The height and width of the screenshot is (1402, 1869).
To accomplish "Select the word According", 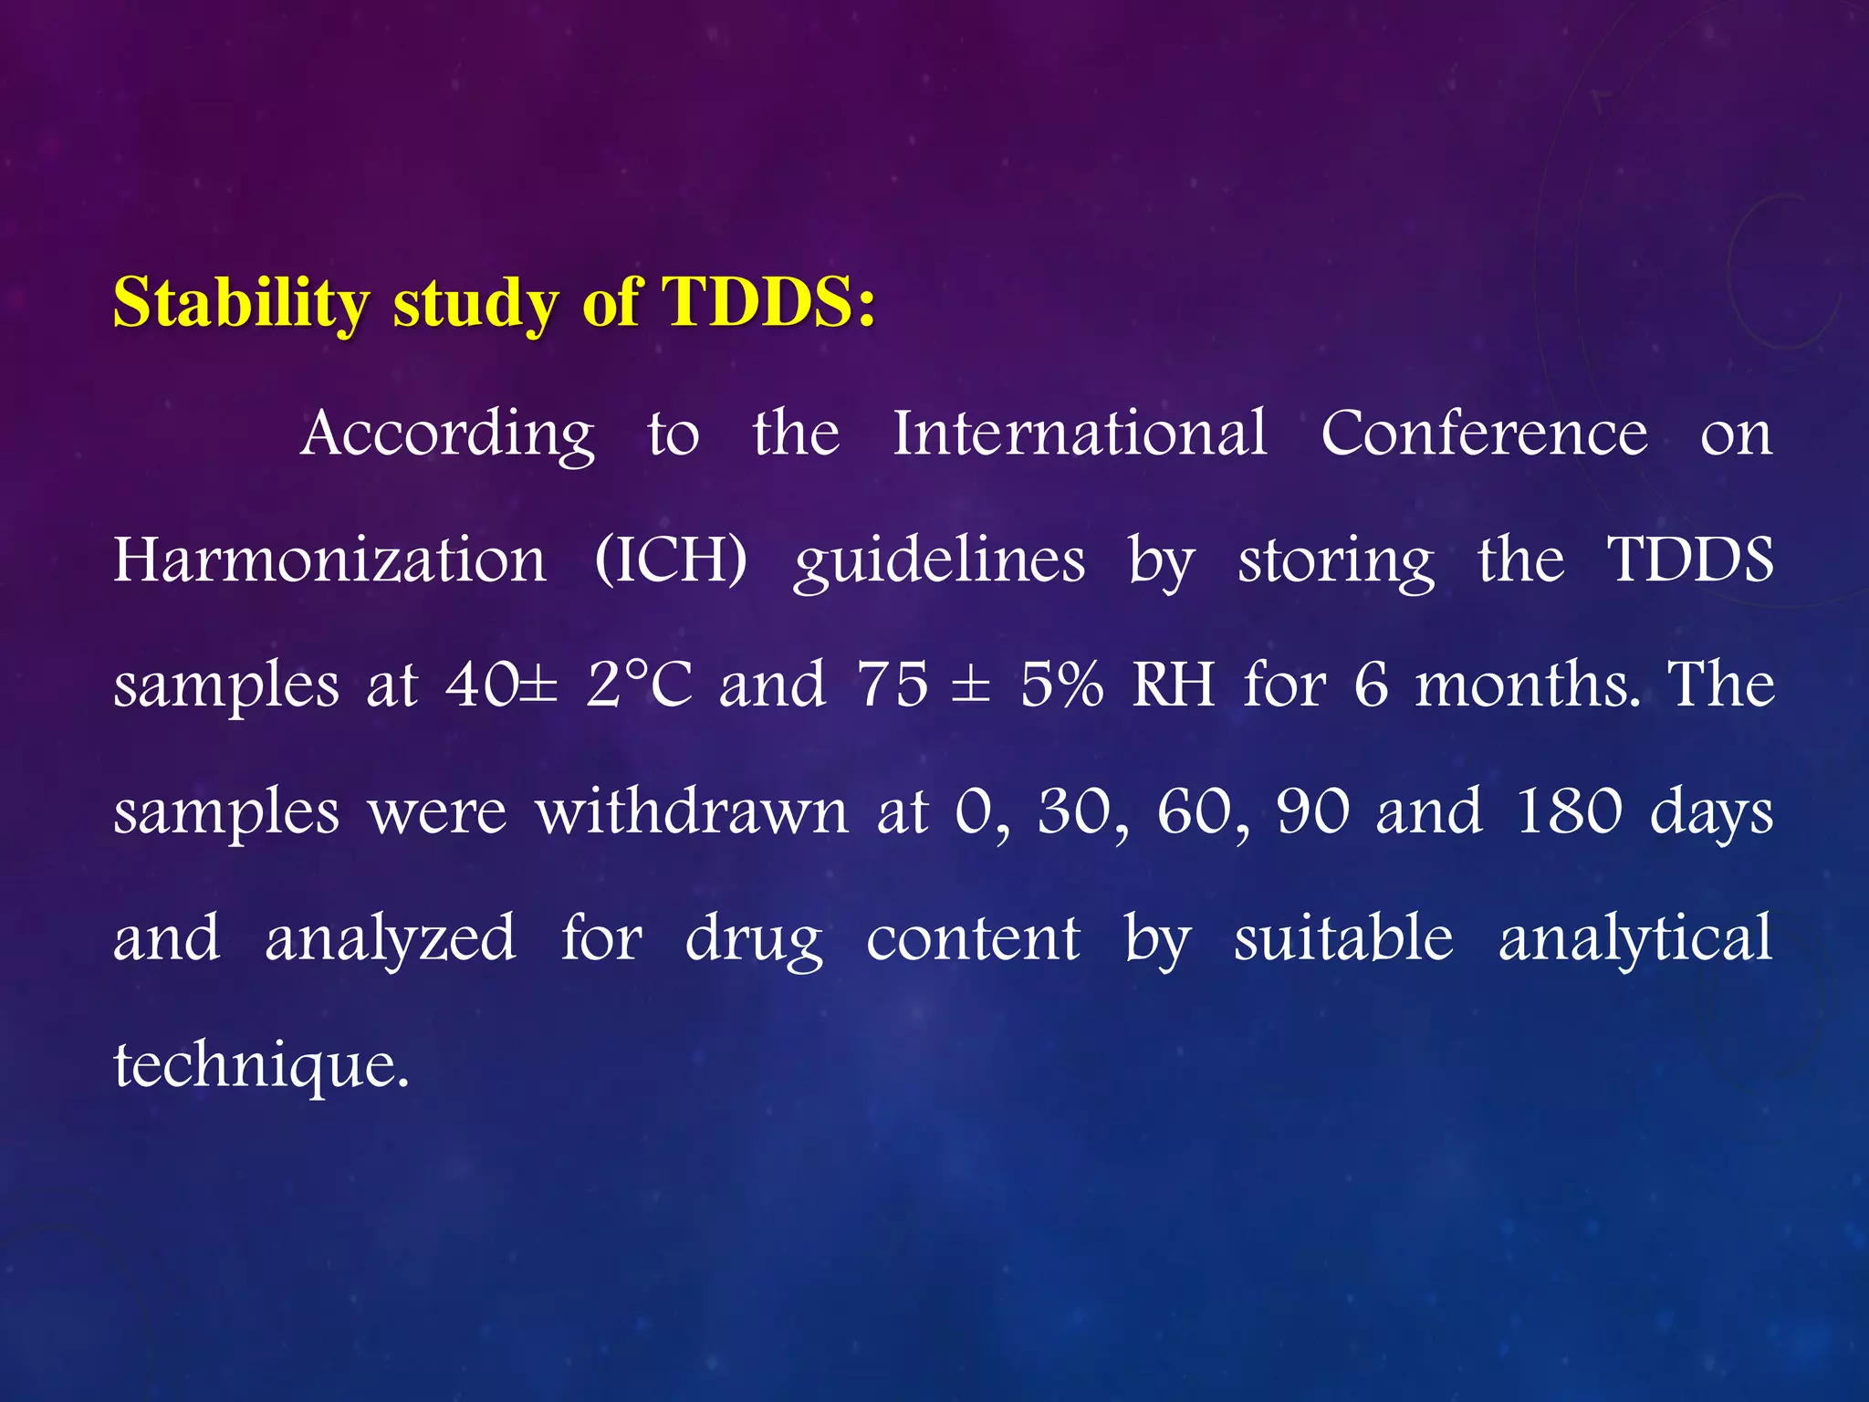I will tap(447, 434).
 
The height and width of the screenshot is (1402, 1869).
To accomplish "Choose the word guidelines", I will tap(939, 560).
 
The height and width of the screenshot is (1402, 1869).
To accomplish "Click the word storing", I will tap(1335, 560).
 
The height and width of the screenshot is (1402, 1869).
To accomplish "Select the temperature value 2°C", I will tap(639, 685).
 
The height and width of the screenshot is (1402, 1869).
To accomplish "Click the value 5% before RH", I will tap(1061, 685).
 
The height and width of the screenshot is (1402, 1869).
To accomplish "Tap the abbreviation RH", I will tap(1174, 685).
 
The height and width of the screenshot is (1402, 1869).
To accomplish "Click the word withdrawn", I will tap(692, 811).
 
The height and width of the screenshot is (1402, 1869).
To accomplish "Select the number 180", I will tap(1568, 811).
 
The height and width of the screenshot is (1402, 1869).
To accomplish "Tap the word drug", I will tap(754, 938).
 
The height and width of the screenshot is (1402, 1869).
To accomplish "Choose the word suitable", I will tap(1343, 936).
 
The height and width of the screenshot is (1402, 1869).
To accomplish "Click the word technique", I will tap(261, 1064).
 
